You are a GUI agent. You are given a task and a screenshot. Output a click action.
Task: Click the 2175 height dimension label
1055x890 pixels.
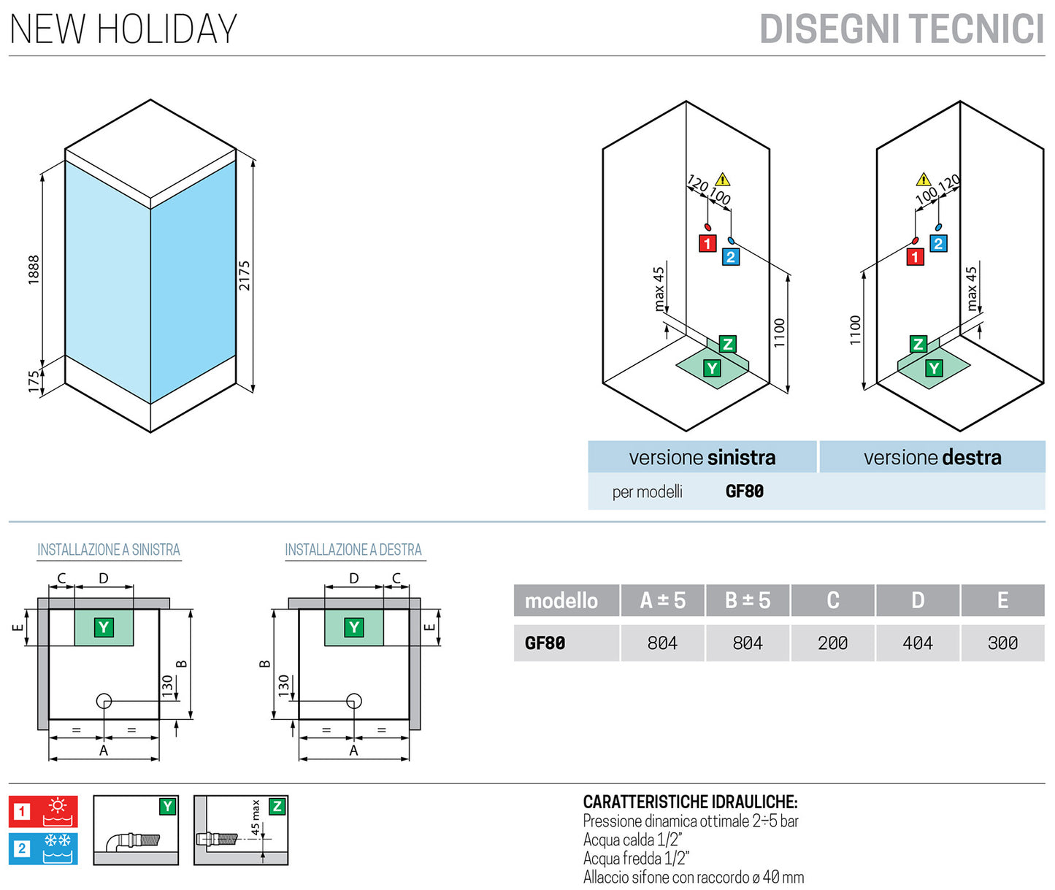pyautogui.click(x=245, y=276)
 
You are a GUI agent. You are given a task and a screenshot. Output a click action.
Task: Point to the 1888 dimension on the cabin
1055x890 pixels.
pyautogui.click(x=34, y=269)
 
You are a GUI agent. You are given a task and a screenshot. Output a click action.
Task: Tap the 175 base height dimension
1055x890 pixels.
pyautogui.click(x=34, y=381)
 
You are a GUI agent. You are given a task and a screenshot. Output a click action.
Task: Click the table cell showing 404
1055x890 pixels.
pyautogui.click(x=918, y=643)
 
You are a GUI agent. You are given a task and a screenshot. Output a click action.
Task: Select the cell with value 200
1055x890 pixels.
pyautogui.click(x=832, y=643)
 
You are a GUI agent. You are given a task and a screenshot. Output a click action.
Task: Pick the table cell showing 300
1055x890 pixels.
pyautogui.click(x=1002, y=643)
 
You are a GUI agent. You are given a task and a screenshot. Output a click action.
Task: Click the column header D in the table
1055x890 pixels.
pyautogui.click(x=918, y=600)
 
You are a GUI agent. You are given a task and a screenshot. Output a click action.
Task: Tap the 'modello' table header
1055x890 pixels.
pyautogui.click(x=561, y=601)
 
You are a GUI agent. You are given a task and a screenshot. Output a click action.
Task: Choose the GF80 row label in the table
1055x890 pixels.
pyautogui.click(x=545, y=643)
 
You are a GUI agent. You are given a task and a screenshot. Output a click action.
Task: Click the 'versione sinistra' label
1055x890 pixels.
pyautogui.click(x=702, y=458)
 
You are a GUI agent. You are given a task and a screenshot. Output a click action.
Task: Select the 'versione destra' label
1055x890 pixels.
pyautogui.click(x=932, y=458)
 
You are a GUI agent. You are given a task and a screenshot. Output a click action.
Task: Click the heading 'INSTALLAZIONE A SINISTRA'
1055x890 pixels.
pyautogui.click(x=109, y=550)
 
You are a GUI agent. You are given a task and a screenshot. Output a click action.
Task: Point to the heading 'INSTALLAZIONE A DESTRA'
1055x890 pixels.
pyautogui.click(x=353, y=550)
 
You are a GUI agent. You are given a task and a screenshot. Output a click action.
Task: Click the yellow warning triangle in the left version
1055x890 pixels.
pyautogui.click(x=722, y=179)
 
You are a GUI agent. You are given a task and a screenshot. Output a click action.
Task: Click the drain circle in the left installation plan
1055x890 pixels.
pyautogui.click(x=104, y=702)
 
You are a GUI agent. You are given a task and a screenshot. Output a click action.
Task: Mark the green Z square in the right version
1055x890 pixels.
pyautogui.click(x=918, y=344)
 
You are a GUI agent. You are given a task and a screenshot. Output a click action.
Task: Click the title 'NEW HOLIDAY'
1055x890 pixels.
pyautogui.click(x=123, y=29)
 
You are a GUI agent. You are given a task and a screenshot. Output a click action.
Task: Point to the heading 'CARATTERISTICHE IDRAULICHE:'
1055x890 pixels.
pyautogui.click(x=690, y=802)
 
